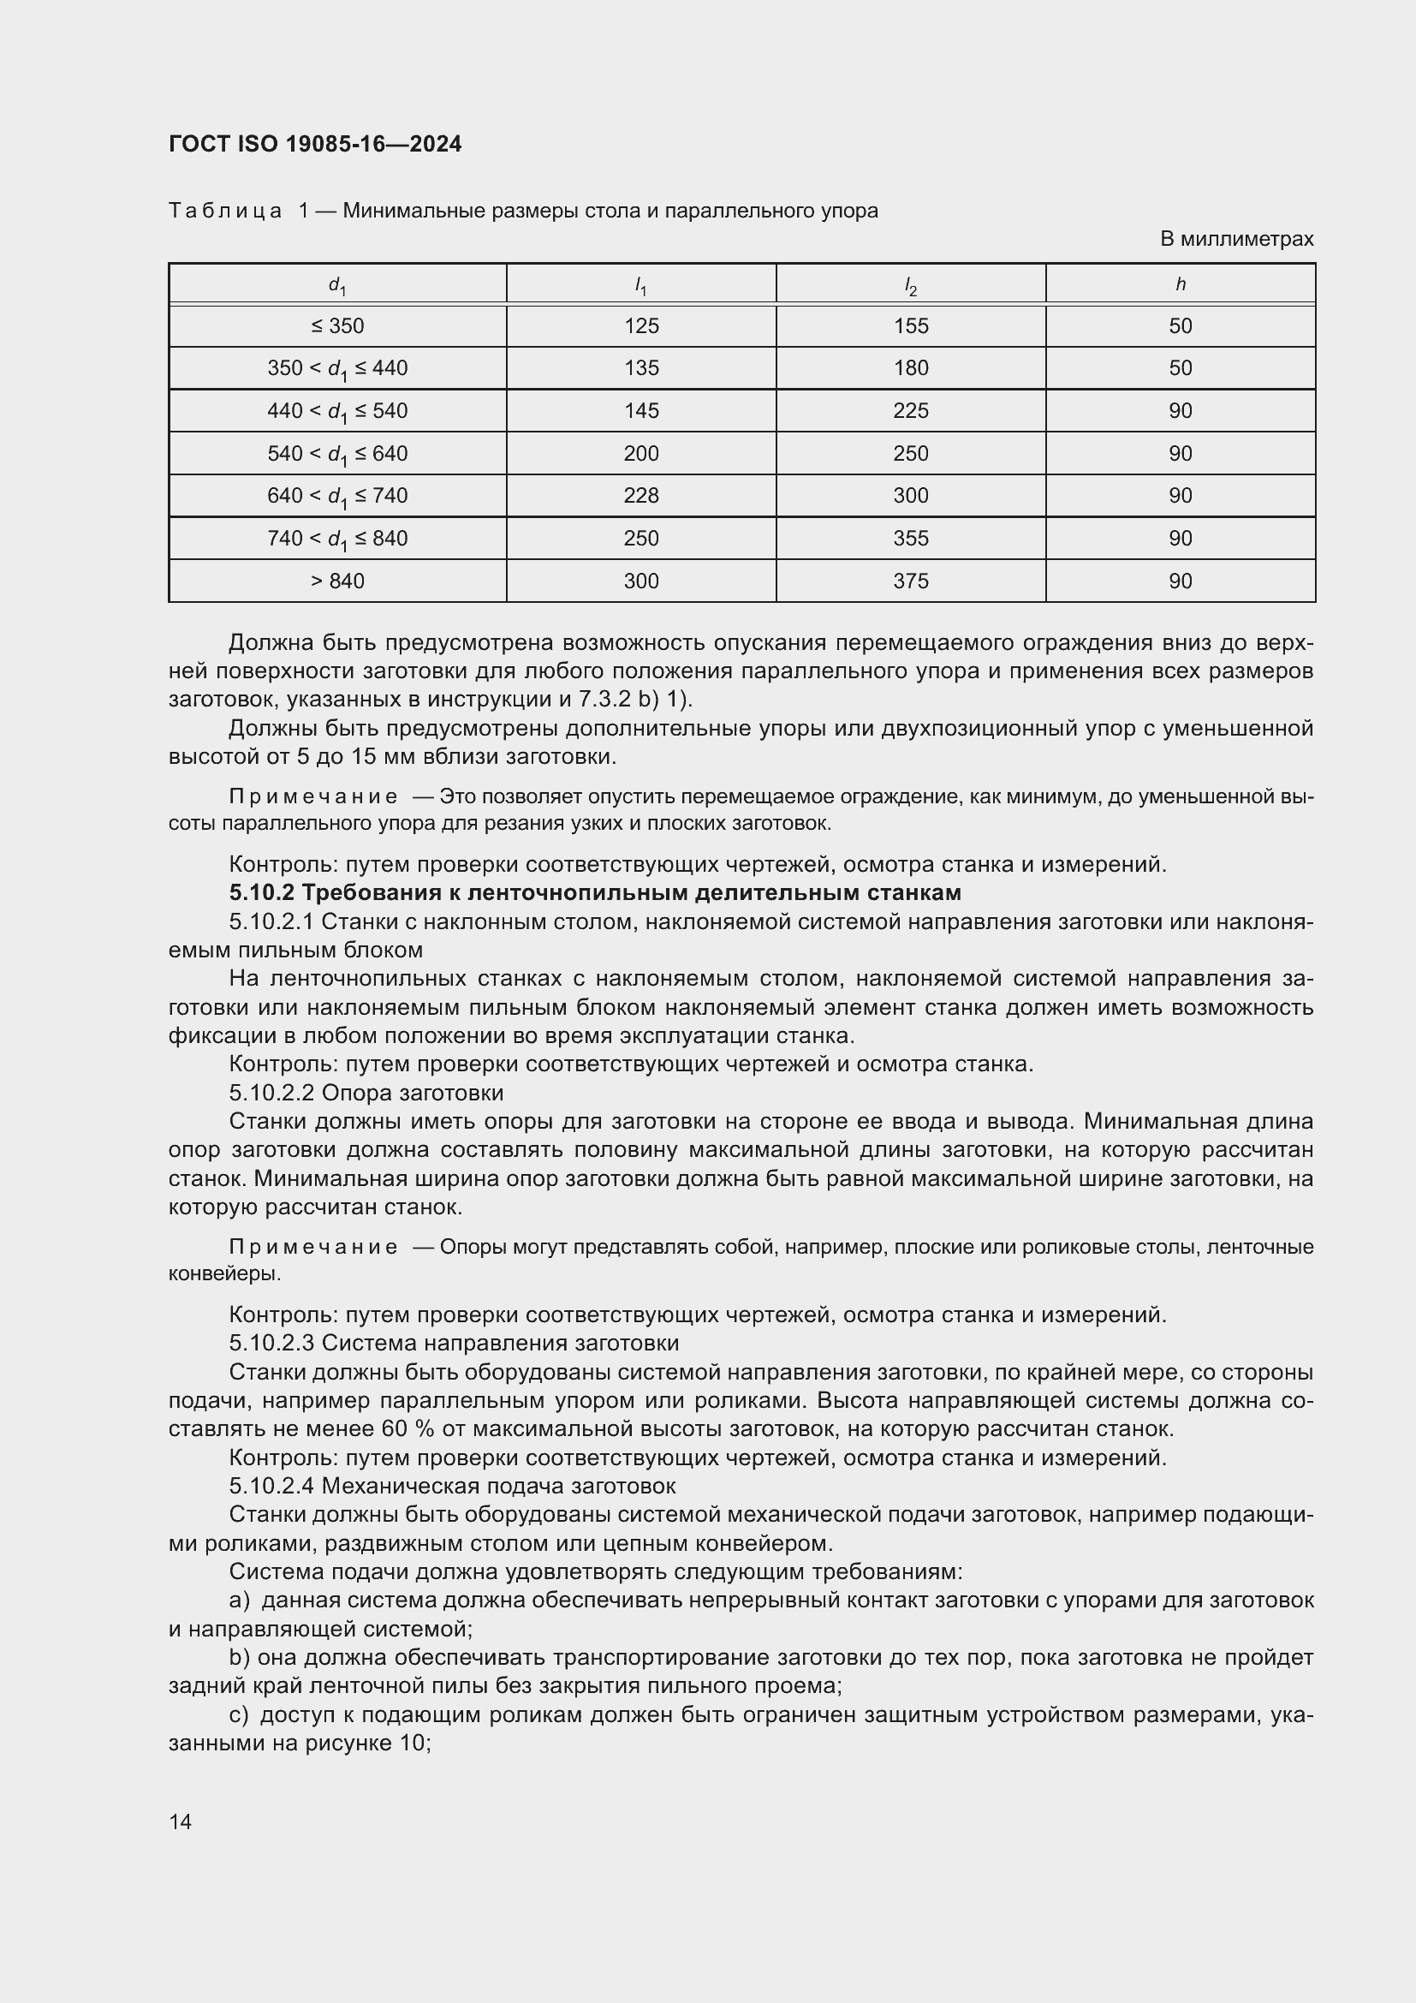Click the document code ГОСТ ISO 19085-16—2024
pyautogui.click(x=315, y=145)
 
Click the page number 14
pyautogui.click(x=181, y=1821)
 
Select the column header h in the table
pyautogui.click(x=1180, y=284)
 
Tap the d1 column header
pyautogui.click(x=336, y=285)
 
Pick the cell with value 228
pyautogui.click(x=641, y=496)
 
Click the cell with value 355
pyautogui.click(x=910, y=539)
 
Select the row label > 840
pyautogui.click(x=336, y=581)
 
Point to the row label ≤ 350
pyautogui.click(x=336, y=326)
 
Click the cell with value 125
pyautogui.click(x=641, y=326)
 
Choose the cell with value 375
pyautogui.click(x=910, y=581)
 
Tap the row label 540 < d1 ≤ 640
pyautogui.click(x=336, y=454)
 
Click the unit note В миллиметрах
pyautogui.click(x=1235, y=239)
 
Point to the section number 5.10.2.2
pyautogui.click(x=272, y=1093)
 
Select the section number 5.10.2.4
pyautogui.click(x=272, y=1486)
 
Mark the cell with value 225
pyautogui.click(x=910, y=411)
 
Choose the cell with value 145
pyautogui.click(x=641, y=411)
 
